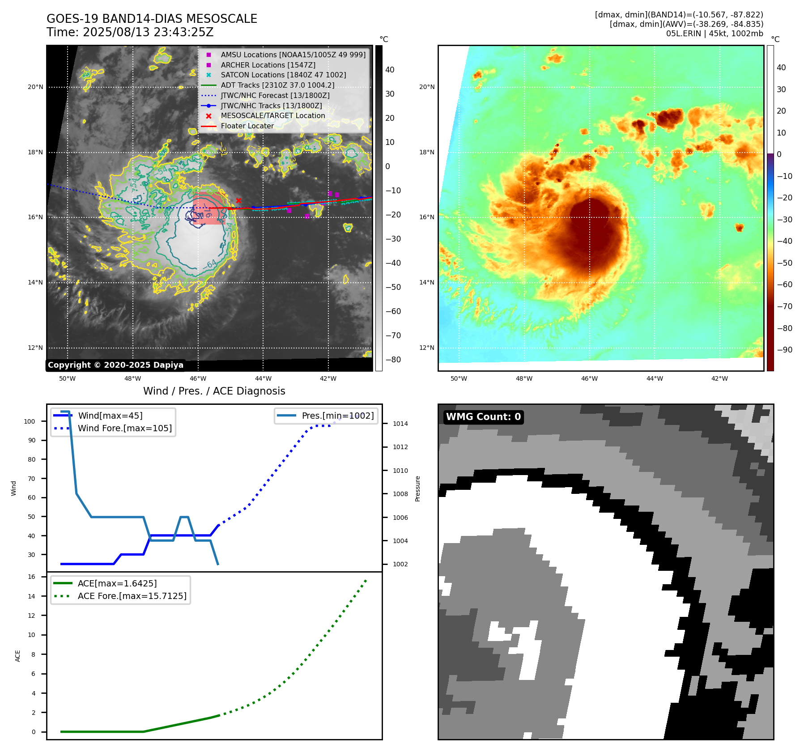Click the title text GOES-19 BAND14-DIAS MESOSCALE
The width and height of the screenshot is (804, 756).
tap(152, 19)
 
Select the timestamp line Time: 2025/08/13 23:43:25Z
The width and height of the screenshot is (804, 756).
tap(130, 33)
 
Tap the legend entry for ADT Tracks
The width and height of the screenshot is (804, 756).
tap(277, 85)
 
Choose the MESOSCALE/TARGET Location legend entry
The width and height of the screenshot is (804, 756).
tap(272, 115)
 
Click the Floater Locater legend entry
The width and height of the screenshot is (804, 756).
tap(247, 126)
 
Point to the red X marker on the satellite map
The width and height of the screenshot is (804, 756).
tap(238, 201)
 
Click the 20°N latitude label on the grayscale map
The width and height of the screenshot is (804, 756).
tap(35, 87)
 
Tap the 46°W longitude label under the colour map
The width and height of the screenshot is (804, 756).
tap(589, 378)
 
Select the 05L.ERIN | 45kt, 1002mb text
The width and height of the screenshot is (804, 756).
tap(715, 34)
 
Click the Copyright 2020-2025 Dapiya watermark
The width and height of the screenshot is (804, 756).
tap(115, 365)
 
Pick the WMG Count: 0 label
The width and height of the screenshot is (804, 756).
tap(483, 417)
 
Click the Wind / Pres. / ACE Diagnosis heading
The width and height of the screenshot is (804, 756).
tap(214, 391)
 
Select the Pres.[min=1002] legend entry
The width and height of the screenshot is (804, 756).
tap(337, 416)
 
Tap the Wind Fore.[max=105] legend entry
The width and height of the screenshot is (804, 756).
tap(124, 428)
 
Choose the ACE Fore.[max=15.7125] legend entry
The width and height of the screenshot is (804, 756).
tap(132, 596)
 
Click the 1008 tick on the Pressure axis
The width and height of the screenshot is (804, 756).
tap(400, 494)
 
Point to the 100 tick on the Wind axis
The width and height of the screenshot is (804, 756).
tap(30, 421)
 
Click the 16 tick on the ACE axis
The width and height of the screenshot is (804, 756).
tap(32, 577)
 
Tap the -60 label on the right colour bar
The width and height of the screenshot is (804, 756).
tap(784, 285)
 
